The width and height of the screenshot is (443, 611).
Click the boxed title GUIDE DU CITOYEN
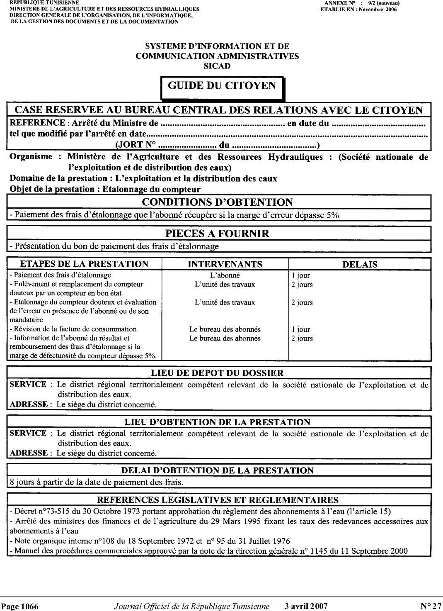[222, 86]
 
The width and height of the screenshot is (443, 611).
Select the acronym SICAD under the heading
[217, 66]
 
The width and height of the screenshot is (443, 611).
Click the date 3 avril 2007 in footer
[306, 606]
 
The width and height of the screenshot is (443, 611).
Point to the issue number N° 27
[431, 606]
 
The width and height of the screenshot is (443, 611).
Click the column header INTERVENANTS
[225, 264]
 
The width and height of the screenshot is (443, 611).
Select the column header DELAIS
[359, 265]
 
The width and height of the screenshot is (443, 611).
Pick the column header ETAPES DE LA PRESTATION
[85, 264]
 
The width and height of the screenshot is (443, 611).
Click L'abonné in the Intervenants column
[225, 275]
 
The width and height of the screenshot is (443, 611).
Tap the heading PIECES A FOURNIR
[217, 234]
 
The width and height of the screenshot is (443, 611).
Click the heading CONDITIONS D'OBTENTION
[217, 202]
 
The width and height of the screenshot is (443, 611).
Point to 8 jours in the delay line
[20, 482]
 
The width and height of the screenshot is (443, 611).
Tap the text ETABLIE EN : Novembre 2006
[358, 9]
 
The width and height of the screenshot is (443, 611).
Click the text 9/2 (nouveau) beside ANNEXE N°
[385, 3]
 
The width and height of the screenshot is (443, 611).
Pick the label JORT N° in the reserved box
[135, 145]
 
